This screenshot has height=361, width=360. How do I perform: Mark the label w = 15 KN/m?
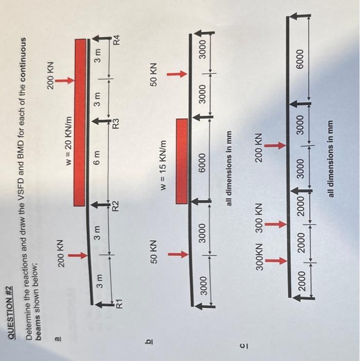point(166,155)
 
